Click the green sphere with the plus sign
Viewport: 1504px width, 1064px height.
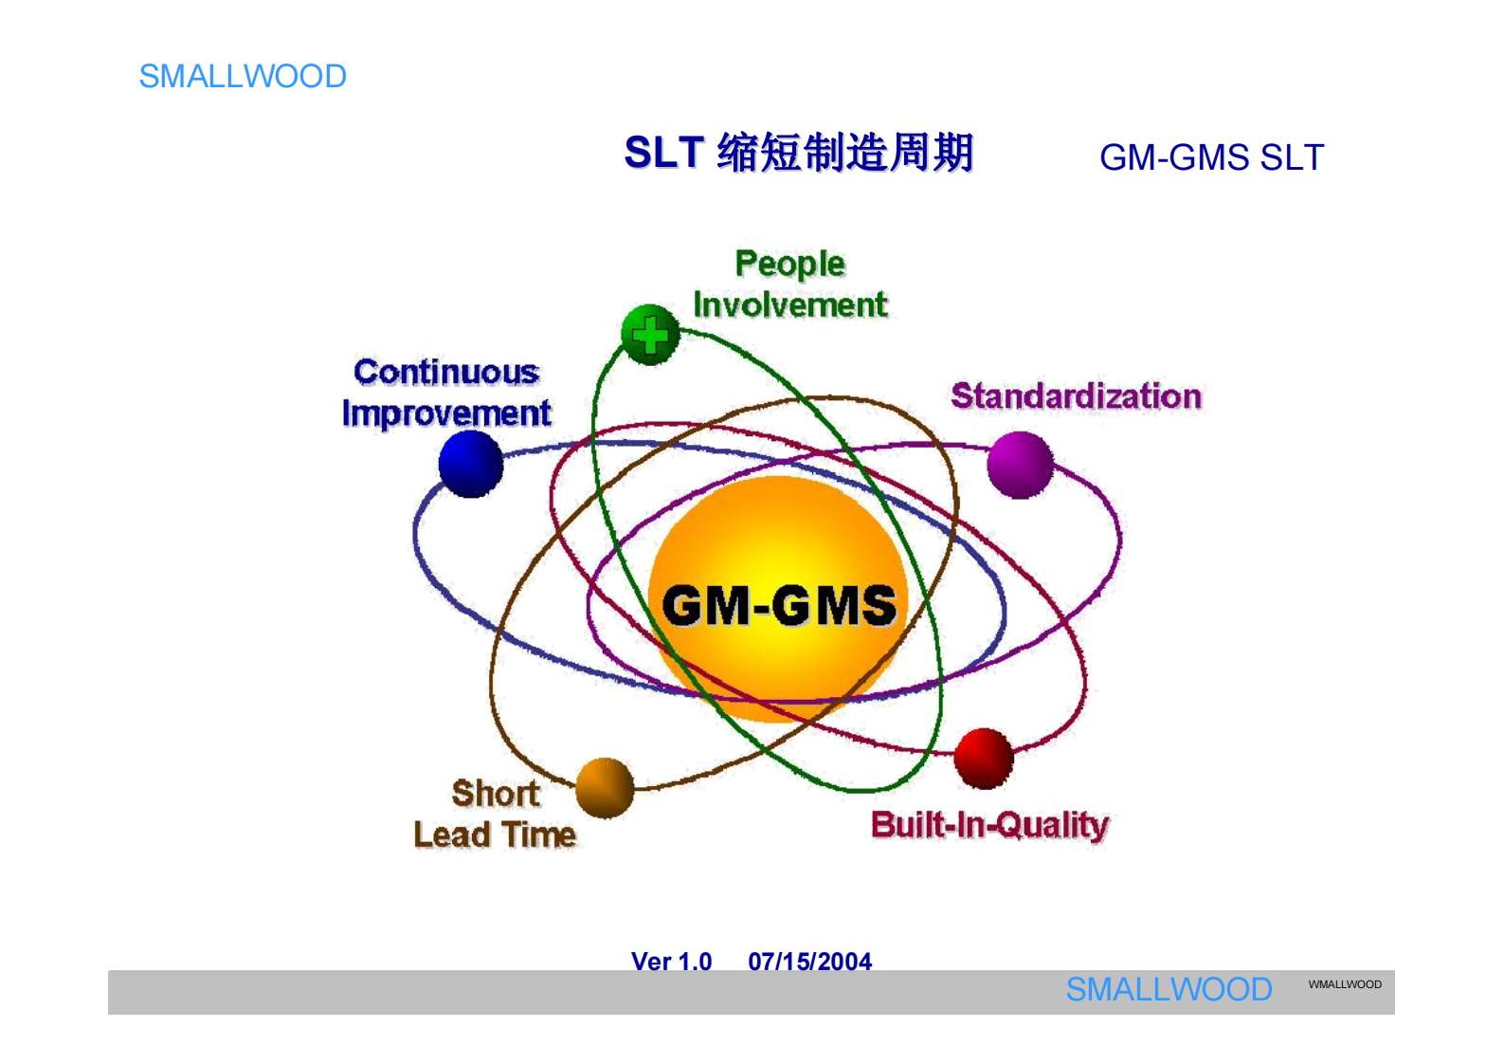coord(650,335)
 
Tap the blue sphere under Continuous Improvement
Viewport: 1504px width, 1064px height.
coord(471,464)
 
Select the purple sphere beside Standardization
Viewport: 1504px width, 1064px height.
coord(1020,465)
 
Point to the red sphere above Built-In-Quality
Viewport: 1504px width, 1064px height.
coord(984,758)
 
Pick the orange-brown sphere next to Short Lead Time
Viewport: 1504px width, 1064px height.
coord(605,787)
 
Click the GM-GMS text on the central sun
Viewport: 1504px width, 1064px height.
coord(779,606)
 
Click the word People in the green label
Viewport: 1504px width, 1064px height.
coord(789,264)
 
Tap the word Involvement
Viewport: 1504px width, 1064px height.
coord(789,305)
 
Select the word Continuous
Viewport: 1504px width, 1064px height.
coord(446,372)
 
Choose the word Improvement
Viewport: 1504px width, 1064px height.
coord(446,413)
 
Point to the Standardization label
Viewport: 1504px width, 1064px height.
coord(1076,396)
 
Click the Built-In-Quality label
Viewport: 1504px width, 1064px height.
coord(989,825)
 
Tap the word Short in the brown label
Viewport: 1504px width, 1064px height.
coord(496,793)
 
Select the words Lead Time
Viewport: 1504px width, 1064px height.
coord(495,835)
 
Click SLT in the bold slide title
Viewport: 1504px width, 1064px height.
coord(663,153)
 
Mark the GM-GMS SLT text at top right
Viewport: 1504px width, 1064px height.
coord(1210,157)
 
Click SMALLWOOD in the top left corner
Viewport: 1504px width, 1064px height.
coord(243,76)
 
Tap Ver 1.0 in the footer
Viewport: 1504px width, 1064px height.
coord(671,961)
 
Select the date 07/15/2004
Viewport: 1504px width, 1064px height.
coord(809,961)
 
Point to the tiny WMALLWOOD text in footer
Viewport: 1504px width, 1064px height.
coord(1344,984)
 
